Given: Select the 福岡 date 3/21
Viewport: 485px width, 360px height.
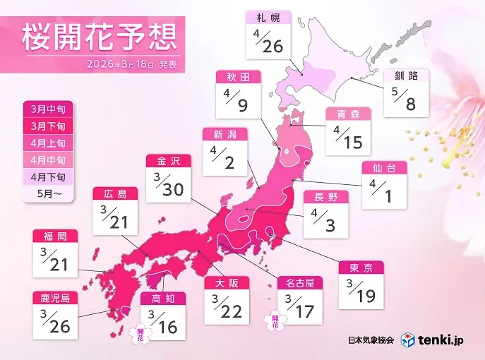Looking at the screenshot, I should click(x=54, y=260).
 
